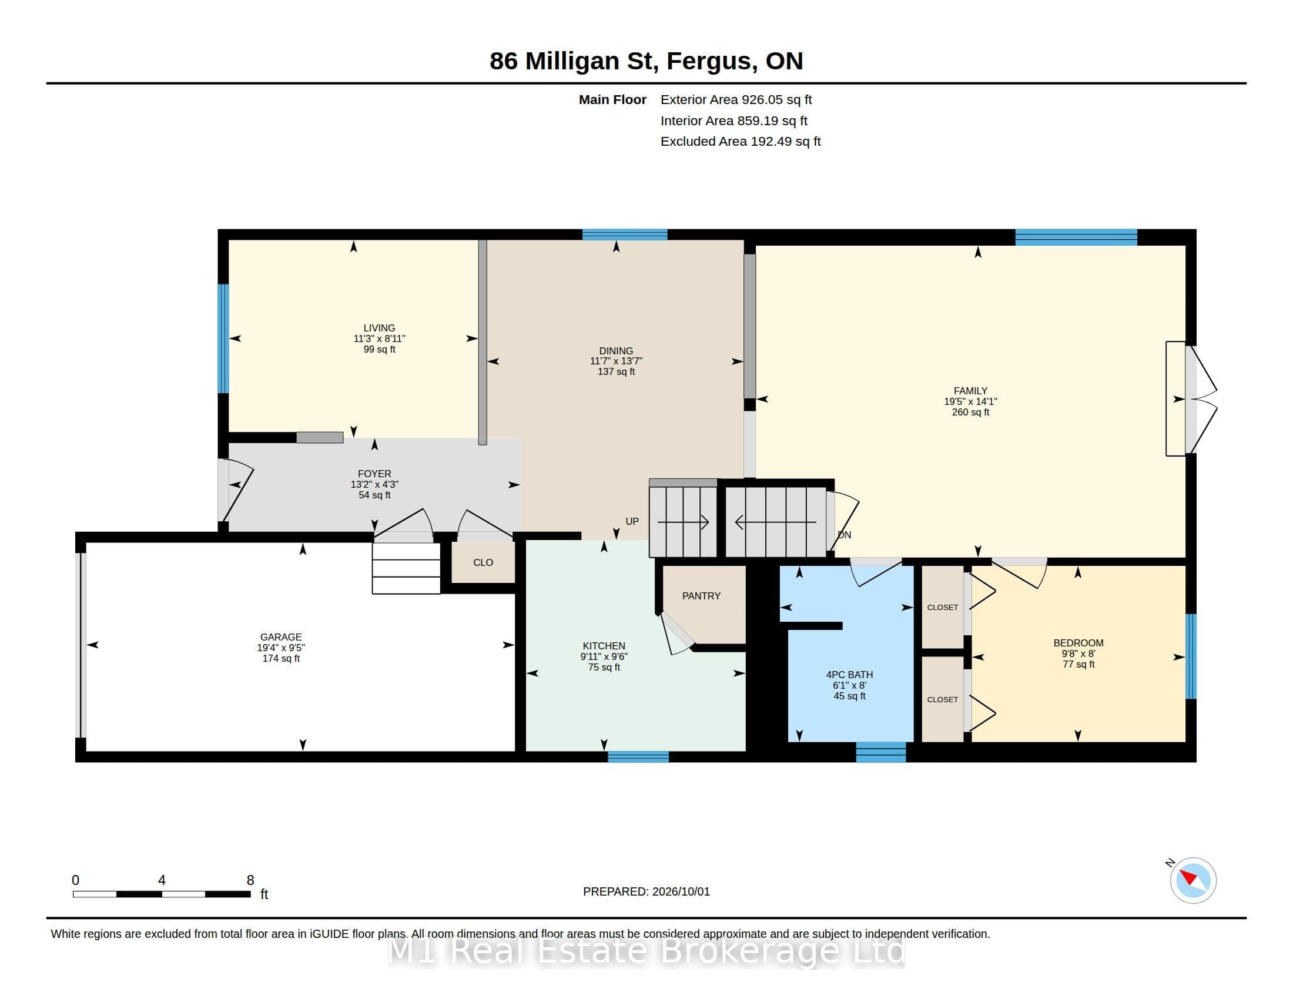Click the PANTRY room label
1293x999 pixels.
click(701, 596)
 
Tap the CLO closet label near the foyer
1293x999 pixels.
click(483, 562)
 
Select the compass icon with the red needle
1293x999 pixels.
click(1193, 880)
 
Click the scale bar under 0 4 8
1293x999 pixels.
click(162, 894)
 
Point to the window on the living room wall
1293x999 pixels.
click(223, 338)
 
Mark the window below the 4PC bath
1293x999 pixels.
click(881, 752)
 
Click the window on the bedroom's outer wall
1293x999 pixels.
click(1191, 656)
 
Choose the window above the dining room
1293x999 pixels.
click(625, 234)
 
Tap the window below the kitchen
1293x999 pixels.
click(638, 757)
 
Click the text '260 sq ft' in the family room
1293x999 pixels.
click(970, 412)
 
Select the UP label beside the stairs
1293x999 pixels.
click(632, 521)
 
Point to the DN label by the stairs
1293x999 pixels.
click(844, 535)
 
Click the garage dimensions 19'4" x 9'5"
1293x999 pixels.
click(280, 648)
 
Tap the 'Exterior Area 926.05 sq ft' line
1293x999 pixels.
click(736, 100)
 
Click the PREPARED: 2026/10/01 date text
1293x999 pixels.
click(646, 891)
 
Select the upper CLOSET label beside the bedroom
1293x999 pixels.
click(943, 607)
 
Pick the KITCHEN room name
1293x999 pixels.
click(604, 646)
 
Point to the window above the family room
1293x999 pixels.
click(1076, 237)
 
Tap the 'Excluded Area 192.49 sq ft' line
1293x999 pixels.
click(741, 142)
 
